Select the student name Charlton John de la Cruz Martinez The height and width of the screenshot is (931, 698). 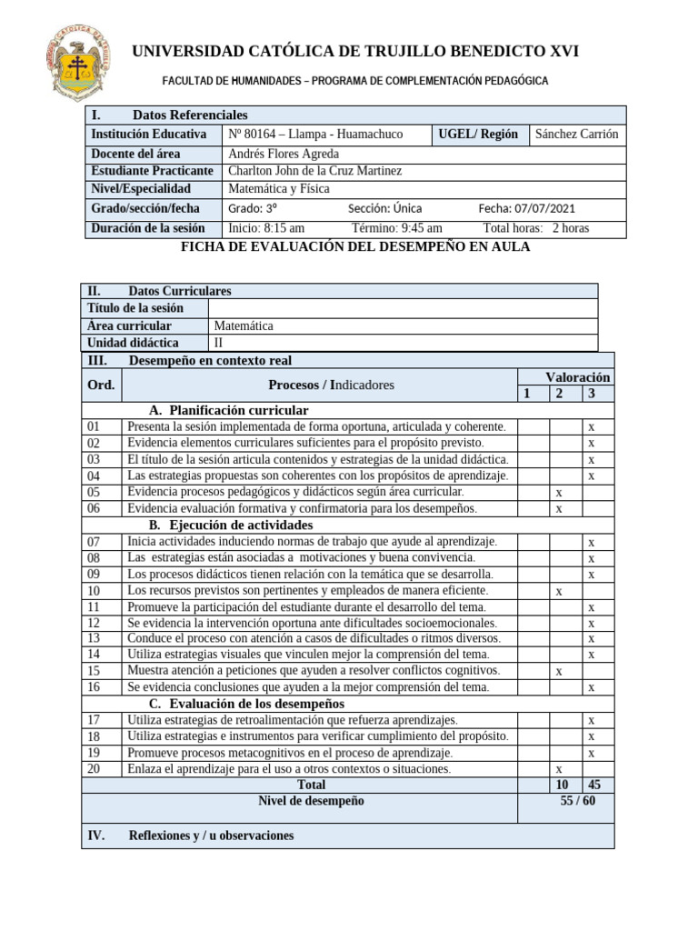pyautogui.click(x=314, y=171)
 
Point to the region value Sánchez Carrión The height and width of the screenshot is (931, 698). pyautogui.click(x=576, y=134)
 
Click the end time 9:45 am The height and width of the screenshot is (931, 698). pyautogui.click(x=422, y=228)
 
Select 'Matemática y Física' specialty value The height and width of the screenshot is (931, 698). pyautogui.click(x=278, y=189)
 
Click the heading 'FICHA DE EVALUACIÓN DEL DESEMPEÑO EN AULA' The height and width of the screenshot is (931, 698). pyautogui.click(x=355, y=247)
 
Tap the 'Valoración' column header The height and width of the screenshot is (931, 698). pyautogui.click(x=577, y=377)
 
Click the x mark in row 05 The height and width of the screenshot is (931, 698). pyautogui.click(x=558, y=492)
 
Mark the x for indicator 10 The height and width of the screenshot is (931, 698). pyautogui.click(x=559, y=591)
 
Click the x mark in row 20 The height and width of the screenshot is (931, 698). pyautogui.click(x=558, y=769)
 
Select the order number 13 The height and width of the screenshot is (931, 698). pyautogui.click(x=94, y=638)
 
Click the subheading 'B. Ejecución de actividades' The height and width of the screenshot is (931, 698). pyautogui.click(x=230, y=526)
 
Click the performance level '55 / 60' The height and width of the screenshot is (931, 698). pyautogui.click(x=578, y=801)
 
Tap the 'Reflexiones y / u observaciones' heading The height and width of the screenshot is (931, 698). pyautogui.click(x=212, y=836)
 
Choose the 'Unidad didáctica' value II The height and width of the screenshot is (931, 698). pyautogui.click(x=218, y=343)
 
